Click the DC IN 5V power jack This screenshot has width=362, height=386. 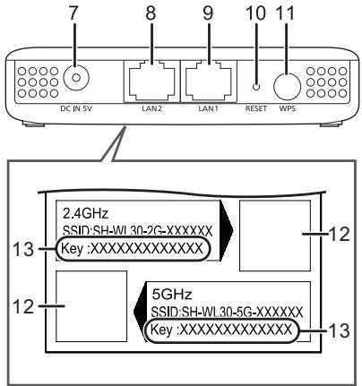76,78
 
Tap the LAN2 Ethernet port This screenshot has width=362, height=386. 151,81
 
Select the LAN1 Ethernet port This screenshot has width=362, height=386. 208,81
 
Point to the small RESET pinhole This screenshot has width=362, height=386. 256,87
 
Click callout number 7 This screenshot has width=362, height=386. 73,13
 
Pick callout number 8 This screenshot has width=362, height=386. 151,13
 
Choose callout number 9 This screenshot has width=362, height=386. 208,13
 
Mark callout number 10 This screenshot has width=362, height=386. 255,13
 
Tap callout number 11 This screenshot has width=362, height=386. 286,13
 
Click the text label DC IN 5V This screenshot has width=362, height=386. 76,108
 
